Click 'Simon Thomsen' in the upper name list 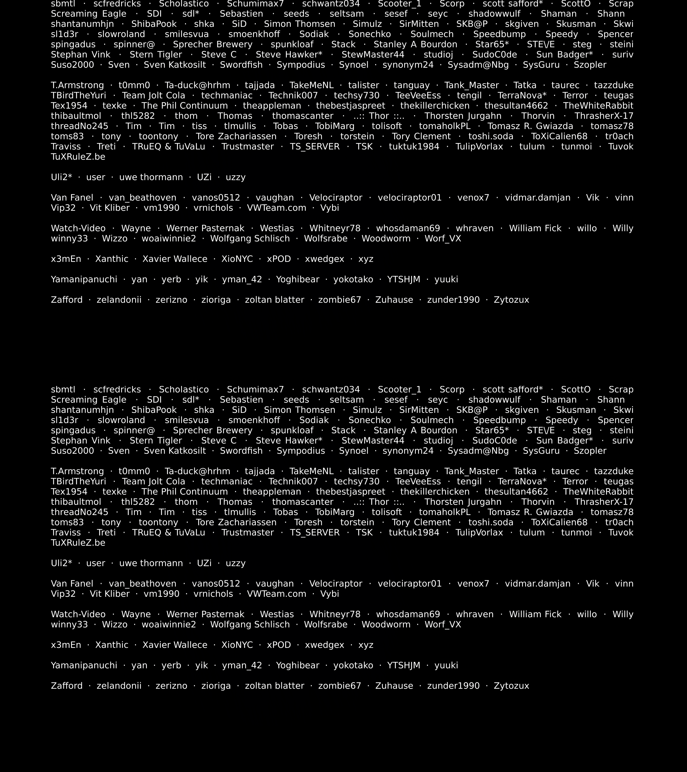[300, 24]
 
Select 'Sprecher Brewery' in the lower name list [212, 431]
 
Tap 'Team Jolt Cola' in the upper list [154, 96]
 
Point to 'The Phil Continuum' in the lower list [184, 492]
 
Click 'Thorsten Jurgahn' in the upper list [463, 116]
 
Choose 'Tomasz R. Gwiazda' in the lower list [530, 512]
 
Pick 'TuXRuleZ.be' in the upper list [78, 157]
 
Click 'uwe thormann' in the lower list [151, 563]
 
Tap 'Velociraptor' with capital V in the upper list [335, 198]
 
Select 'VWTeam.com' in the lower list [276, 594]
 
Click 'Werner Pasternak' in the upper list [205, 229]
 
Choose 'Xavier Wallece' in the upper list [175, 259]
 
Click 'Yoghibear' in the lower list [298, 665]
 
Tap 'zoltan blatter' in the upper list [274, 300]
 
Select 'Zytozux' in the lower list [511, 686]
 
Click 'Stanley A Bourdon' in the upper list [415, 45]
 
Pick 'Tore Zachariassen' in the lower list [236, 522]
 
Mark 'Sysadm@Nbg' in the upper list [478, 65]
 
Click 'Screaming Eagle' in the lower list [88, 400]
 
